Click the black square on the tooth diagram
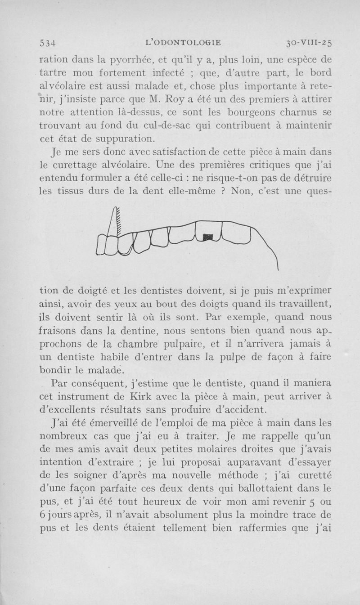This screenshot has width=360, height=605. pyautogui.click(x=207, y=236)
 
